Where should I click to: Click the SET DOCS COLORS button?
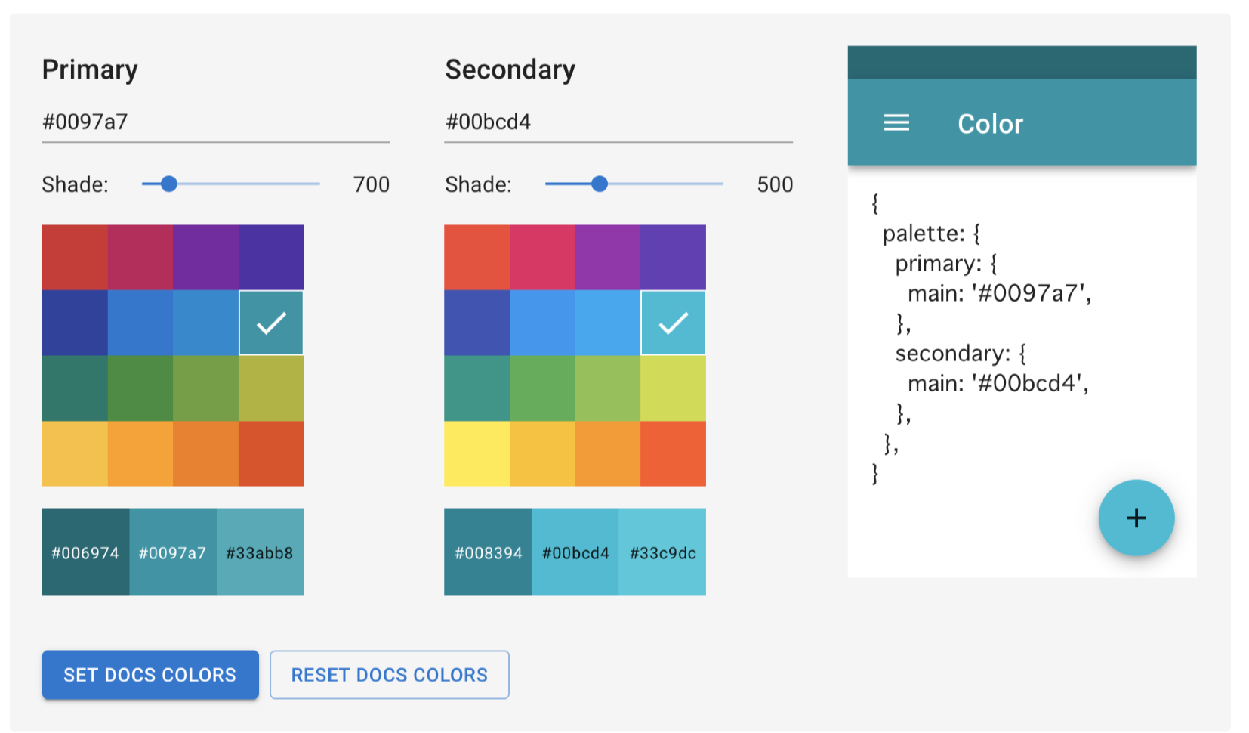click(x=150, y=674)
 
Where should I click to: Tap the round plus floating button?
click(x=1136, y=518)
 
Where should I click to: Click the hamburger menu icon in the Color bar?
click(x=896, y=122)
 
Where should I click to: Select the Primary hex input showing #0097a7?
click(x=216, y=122)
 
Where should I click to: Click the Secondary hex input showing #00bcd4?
click(x=618, y=122)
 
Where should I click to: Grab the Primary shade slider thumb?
click(x=169, y=184)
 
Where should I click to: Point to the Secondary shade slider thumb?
click(x=600, y=184)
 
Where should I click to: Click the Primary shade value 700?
click(x=372, y=184)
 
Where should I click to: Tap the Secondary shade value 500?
click(x=775, y=184)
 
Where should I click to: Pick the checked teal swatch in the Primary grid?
click(x=272, y=323)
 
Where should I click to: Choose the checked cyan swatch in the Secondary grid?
click(x=673, y=323)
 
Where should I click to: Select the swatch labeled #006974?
click(x=86, y=552)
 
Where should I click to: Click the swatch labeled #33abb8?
click(x=261, y=552)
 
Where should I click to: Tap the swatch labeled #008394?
click(x=488, y=552)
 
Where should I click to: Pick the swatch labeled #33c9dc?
click(x=662, y=552)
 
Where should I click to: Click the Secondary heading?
click(x=510, y=70)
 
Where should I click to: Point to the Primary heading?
click(x=90, y=70)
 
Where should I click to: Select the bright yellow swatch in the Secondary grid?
click(x=476, y=453)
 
